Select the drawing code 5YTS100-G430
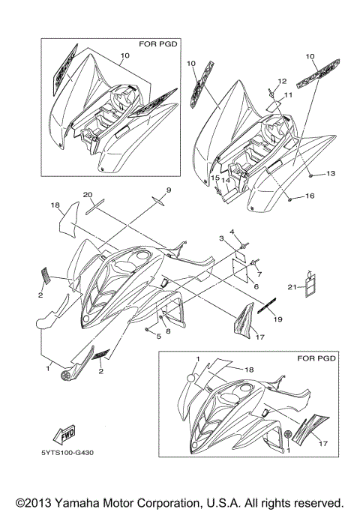pyautogui.click(x=67, y=453)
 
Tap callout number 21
pyautogui.click(x=292, y=287)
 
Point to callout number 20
pyautogui.click(x=88, y=195)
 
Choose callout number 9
pyautogui.click(x=169, y=190)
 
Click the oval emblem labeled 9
pyautogui.click(x=159, y=200)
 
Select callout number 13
pyautogui.click(x=331, y=173)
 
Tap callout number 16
pyautogui.click(x=310, y=196)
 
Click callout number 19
pyautogui.click(x=277, y=319)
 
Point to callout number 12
pyautogui.click(x=282, y=81)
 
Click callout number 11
pyautogui.click(x=288, y=95)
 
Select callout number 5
pyautogui.click(x=159, y=336)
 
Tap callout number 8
pyautogui.click(x=168, y=331)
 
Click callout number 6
pyautogui.click(x=256, y=286)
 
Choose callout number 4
pyautogui.click(x=232, y=232)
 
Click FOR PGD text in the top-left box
pyautogui.click(x=158, y=43)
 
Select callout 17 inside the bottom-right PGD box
pyautogui.click(x=322, y=443)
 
